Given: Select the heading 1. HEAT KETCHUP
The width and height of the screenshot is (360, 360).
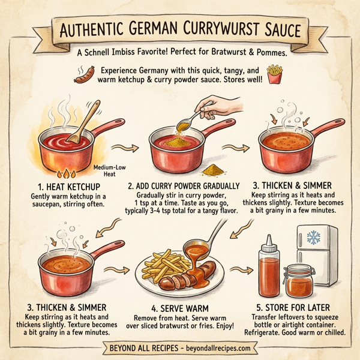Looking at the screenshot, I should [66, 187].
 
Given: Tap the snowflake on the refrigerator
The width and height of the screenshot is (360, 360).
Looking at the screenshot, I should [313, 237].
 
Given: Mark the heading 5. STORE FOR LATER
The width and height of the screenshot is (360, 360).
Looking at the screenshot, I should [295, 311].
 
